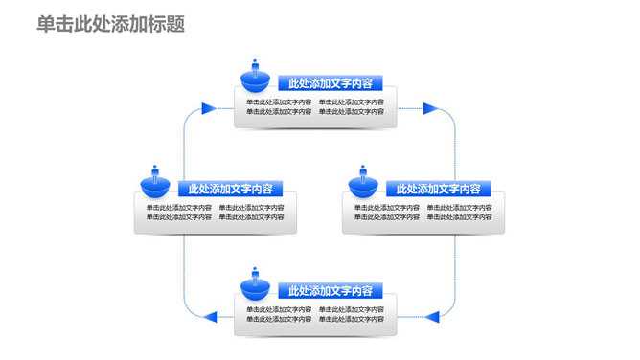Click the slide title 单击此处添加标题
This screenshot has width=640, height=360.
[111, 24]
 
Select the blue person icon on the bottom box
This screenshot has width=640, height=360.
[256, 282]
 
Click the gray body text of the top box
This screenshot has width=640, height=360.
[315, 106]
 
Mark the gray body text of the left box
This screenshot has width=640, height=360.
[216, 212]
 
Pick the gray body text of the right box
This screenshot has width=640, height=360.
[423, 212]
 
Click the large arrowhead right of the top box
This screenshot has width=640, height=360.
[430, 108]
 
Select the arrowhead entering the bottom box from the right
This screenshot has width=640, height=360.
[432, 315]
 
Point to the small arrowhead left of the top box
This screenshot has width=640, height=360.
[204, 108]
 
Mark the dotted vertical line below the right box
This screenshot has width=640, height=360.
[455, 273]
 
